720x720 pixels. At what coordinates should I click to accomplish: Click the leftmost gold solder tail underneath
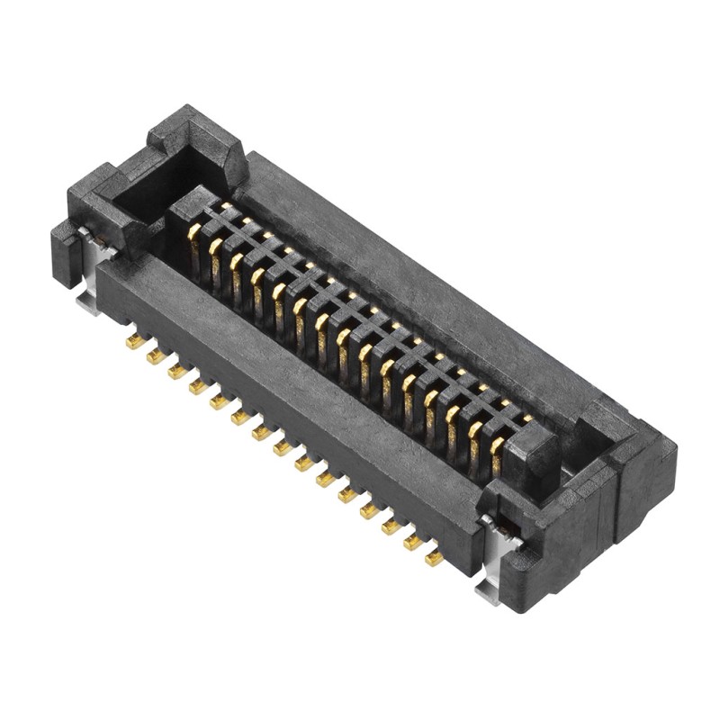[x=135, y=341]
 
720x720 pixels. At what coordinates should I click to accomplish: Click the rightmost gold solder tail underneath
[x=435, y=558]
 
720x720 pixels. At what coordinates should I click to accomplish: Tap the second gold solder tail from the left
[x=156, y=356]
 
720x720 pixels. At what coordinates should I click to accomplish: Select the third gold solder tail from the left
[x=177, y=371]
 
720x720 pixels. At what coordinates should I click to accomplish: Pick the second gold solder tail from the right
[x=414, y=542]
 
